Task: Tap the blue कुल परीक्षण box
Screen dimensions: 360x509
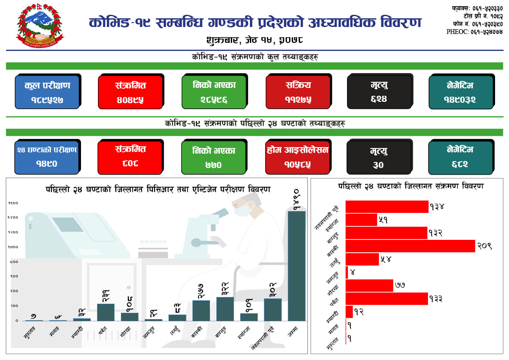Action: pos(47,92)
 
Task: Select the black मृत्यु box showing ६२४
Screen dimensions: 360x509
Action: pos(379,92)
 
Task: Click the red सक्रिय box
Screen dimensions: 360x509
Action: pos(298,92)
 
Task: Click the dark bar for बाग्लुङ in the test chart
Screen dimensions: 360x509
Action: pos(225,309)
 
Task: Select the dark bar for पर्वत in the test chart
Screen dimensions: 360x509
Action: pos(106,312)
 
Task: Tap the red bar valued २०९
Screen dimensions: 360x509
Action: pos(410,246)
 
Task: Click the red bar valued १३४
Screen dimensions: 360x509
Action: pos(387,207)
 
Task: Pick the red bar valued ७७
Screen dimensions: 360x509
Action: pos(369,286)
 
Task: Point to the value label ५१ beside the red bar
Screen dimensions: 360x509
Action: pos(383,220)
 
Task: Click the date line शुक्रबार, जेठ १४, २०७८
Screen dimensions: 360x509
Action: pos(255,40)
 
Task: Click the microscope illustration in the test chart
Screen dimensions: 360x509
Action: pos(205,231)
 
